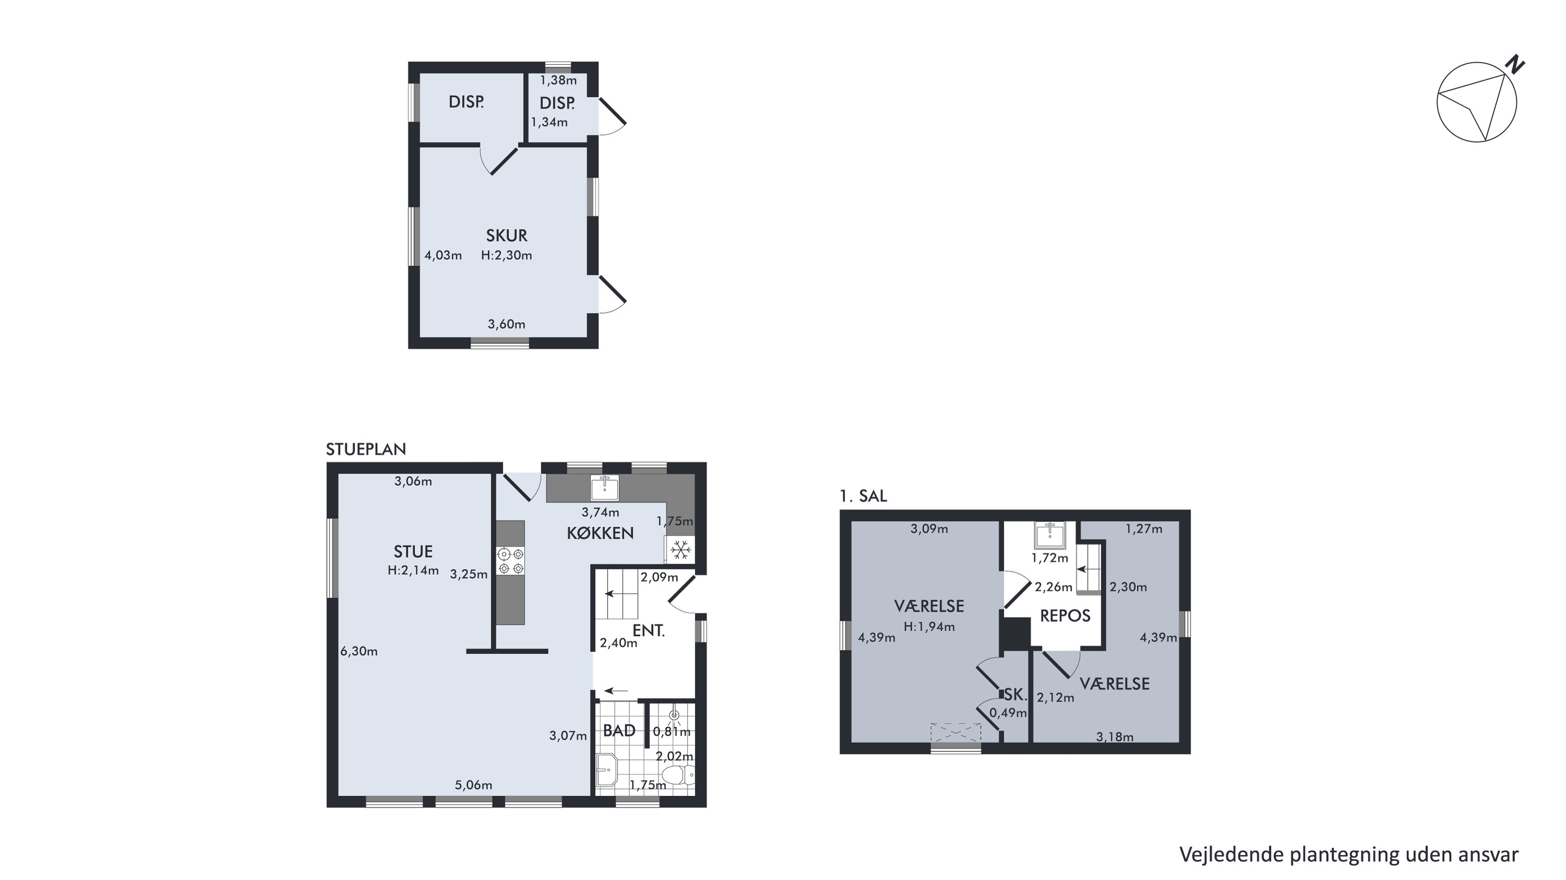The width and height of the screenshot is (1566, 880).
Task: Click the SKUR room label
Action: click(507, 236)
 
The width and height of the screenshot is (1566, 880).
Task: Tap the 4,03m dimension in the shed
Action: click(443, 255)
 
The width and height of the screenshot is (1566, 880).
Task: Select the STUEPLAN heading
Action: click(366, 450)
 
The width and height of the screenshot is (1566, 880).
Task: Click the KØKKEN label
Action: click(600, 533)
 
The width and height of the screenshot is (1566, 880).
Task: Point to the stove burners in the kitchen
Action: click(511, 561)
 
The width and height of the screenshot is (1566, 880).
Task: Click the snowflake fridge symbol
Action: click(680, 550)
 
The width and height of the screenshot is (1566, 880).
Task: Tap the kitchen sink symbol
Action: click(605, 488)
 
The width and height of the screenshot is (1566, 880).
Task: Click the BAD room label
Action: click(619, 731)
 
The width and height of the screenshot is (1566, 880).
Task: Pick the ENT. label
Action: click(649, 631)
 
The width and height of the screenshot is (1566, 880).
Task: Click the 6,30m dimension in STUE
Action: click(359, 651)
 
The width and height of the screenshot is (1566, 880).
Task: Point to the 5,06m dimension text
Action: click(474, 785)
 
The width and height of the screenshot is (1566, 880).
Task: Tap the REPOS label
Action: click(1065, 616)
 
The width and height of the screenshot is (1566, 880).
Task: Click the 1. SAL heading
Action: click(863, 496)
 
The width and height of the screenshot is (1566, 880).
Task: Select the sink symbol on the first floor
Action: click(1050, 535)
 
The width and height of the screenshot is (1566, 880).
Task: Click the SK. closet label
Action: click(1015, 695)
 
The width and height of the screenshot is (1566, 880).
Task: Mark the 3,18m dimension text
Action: click(1114, 737)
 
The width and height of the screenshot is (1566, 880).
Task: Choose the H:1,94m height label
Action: click(929, 626)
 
